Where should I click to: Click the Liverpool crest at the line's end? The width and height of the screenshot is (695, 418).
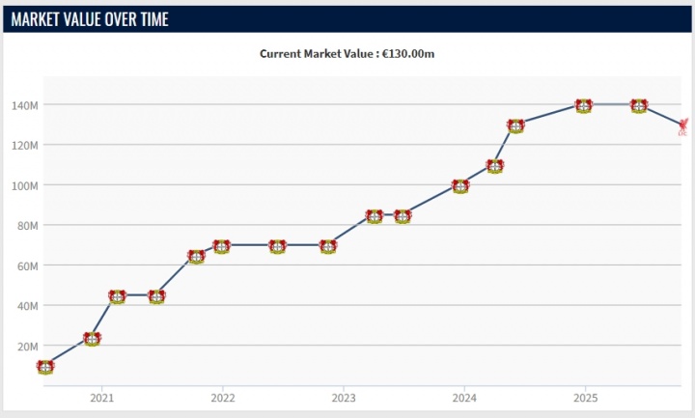point(683,125)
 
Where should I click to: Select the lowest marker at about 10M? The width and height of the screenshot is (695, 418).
point(44,367)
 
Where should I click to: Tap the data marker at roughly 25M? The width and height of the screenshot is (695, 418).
point(92,338)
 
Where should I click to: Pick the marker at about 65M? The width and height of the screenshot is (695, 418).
point(196,257)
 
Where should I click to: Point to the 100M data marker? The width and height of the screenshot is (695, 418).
point(460,186)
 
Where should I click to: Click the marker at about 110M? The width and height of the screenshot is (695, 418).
point(495,166)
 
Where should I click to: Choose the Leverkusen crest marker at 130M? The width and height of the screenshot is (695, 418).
point(515,125)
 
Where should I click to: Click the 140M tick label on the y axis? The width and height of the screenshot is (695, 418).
point(25,104)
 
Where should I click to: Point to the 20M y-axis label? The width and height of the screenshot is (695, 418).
point(28,346)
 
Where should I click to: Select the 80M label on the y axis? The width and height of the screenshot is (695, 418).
point(28,225)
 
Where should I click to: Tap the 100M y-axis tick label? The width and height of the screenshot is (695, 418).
point(25,184)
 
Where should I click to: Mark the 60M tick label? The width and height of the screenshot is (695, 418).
point(28,265)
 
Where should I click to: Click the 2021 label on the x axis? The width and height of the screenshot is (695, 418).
point(101,398)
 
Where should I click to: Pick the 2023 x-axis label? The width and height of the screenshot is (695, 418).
point(343,398)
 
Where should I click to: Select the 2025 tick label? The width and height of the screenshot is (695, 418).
point(584,398)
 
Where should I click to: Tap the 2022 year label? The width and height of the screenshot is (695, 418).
point(222,398)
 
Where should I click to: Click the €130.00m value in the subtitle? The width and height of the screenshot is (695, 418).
point(408,54)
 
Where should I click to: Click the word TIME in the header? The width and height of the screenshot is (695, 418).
point(151,18)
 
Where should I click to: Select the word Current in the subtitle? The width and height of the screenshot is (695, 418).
point(282,54)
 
